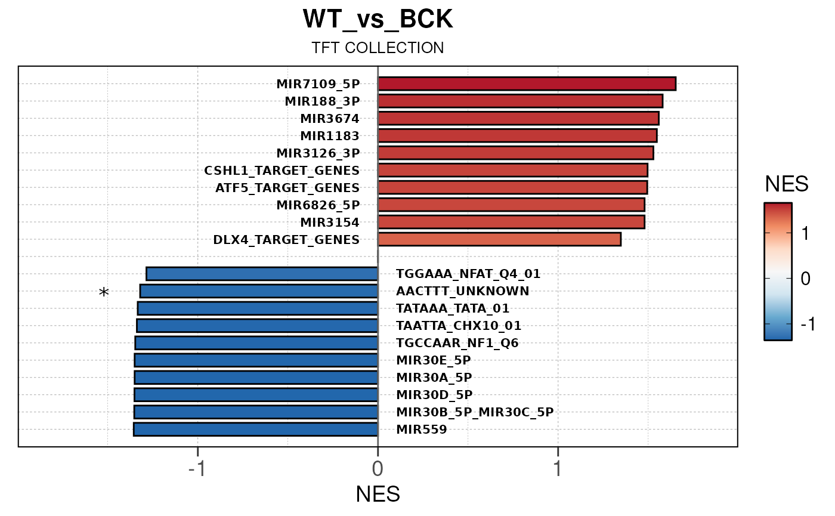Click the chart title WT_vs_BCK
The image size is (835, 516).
378,20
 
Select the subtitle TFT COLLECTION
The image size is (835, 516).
378,48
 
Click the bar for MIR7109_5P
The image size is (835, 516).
527,84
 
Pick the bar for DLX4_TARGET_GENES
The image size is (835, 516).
499,239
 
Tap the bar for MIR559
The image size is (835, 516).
256,430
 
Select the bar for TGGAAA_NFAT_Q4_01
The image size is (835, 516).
262,274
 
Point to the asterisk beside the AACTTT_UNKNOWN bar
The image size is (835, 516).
104,293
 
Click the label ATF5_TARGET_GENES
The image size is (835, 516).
287,188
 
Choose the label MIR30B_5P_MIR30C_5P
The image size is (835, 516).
475,412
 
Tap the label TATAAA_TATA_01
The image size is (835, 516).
453,308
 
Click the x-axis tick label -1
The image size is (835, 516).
197,469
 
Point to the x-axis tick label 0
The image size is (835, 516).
378,469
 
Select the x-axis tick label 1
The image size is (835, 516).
558,469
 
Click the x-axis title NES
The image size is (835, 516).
378,495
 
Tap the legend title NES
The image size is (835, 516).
787,184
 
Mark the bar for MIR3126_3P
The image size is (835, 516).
516,153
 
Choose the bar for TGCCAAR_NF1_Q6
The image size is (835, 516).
256,343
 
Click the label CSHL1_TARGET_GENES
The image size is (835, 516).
282,171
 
